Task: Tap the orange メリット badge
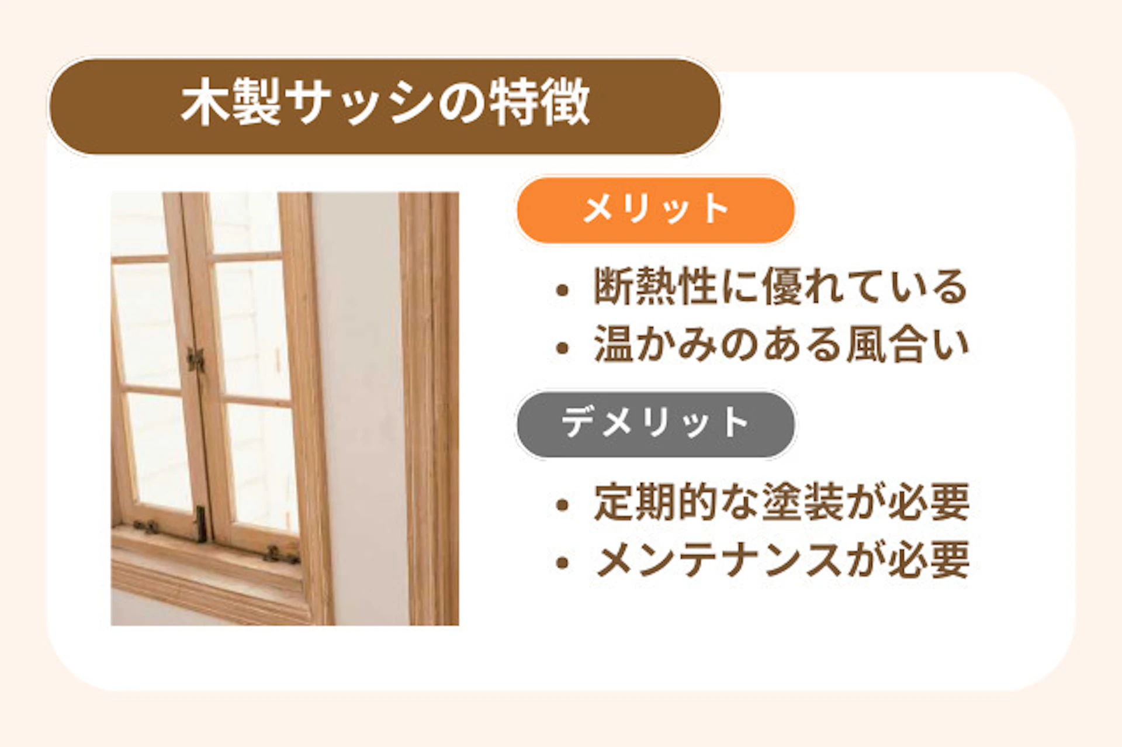tap(655, 209)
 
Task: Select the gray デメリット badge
tap(655, 423)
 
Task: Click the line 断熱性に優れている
tap(780, 286)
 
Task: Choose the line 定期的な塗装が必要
tap(781, 502)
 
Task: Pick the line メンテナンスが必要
tap(782, 560)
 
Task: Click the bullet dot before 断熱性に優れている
tap(562, 289)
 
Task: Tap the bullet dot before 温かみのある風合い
tap(562, 348)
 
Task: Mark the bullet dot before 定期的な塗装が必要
tap(562, 504)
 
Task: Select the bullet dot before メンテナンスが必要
tap(562, 563)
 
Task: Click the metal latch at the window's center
tap(195, 359)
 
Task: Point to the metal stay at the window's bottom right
tap(280, 554)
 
